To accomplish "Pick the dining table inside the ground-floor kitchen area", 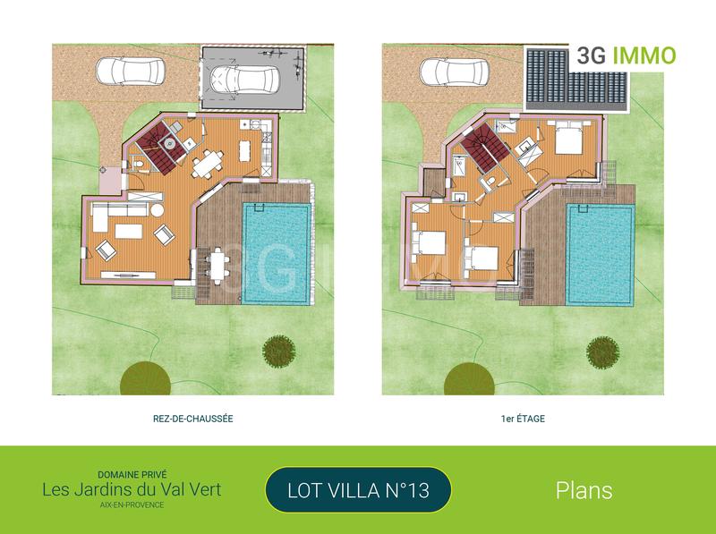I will pyautogui.click(x=207, y=164).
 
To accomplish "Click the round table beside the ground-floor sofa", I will pyautogui.click(x=156, y=210).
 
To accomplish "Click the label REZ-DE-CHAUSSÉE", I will pyautogui.click(x=193, y=418).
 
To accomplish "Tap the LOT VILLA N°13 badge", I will pyautogui.click(x=358, y=489).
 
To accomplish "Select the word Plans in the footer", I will pyautogui.click(x=584, y=490).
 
